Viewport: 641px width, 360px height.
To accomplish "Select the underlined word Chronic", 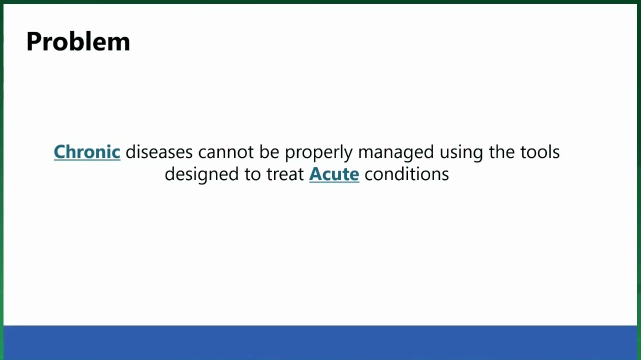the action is coord(87,151).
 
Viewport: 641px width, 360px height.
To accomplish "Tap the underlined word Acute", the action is coord(334,174).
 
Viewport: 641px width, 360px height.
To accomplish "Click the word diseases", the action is coord(159,151).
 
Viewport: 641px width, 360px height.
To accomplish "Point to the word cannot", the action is coord(226,152).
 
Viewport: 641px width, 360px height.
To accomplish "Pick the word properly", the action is coord(318,153).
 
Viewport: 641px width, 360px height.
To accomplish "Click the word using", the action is coord(461,153).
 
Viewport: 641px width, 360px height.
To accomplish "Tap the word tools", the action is coord(539,151).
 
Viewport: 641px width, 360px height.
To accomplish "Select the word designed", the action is coord(201,175).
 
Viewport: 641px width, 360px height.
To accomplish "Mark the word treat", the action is coord(285,174).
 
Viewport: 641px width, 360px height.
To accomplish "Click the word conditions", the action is coord(406,174).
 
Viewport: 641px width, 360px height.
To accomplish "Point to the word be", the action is coord(269,151).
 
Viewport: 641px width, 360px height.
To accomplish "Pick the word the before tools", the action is coord(501,151).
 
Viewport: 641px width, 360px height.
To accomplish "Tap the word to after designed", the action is coord(252,174).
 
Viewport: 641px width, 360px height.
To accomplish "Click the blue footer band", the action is coord(320,342).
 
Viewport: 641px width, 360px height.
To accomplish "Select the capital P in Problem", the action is coord(33,41).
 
